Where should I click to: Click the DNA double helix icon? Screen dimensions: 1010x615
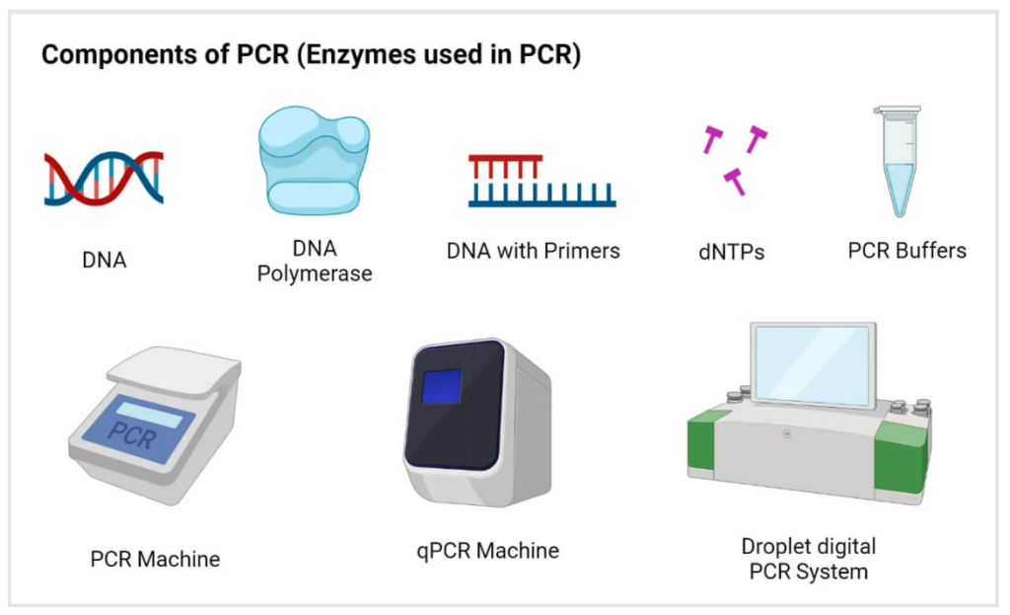(104, 179)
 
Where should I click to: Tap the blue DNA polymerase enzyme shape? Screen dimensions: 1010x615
(315, 161)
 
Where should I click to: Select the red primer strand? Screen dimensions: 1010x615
(505, 167)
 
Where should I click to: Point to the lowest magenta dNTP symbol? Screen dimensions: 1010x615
(735, 182)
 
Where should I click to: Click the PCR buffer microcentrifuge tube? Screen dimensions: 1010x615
(898, 161)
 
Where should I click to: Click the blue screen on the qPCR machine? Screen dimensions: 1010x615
(442, 387)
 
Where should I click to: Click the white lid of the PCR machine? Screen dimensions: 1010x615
(174, 370)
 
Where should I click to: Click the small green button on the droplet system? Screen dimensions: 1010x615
(786, 433)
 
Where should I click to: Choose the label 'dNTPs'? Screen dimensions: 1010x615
(731, 252)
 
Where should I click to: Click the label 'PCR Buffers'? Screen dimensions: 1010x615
(907, 250)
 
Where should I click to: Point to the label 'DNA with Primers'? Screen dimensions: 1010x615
(534, 251)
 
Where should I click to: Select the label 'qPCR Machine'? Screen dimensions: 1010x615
(487, 551)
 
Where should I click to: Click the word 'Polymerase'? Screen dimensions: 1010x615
(315, 274)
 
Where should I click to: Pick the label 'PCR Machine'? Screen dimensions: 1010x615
(155, 559)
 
